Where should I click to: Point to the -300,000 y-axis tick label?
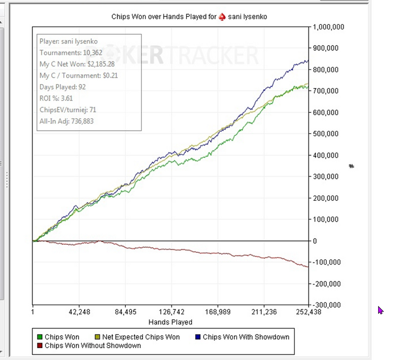(327, 305)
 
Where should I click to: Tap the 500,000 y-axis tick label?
(326, 134)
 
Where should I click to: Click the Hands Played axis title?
(170, 322)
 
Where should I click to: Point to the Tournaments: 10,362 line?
(71, 52)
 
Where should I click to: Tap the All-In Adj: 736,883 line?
(66, 121)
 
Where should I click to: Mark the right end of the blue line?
(308, 61)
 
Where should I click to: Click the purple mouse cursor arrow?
(380, 310)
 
